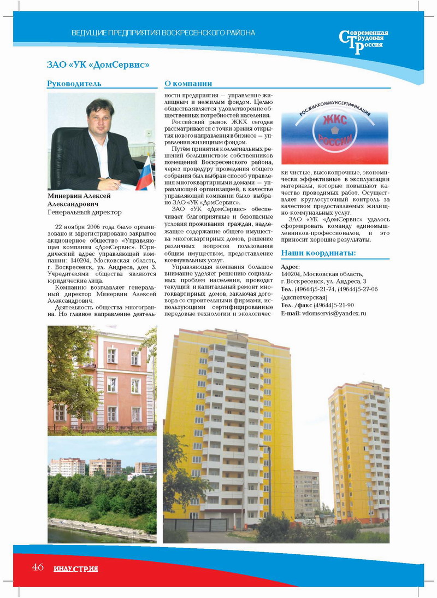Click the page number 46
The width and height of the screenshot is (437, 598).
tap(38, 567)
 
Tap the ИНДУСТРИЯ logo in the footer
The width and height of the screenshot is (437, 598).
tap(76, 568)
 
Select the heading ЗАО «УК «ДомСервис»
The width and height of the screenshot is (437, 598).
tap(98, 65)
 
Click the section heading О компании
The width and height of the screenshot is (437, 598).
tap(188, 84)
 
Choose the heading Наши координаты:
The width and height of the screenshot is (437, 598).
tap(318, 253)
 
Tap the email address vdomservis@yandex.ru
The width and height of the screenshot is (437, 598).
tap(333, 313)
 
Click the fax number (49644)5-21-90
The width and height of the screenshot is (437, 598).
tap(334, 305)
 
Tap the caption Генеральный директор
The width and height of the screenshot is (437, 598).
tap(85, 212)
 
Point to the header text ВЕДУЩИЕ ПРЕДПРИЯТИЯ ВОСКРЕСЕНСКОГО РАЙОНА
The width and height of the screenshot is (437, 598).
tap(163, 33)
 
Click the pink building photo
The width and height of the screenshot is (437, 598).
tap(102, 380)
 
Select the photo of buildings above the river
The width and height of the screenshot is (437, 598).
tap(102, 489)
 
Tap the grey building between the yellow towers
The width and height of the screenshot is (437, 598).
tap(306, 495)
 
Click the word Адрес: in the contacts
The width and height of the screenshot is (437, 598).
tap(291, 266)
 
